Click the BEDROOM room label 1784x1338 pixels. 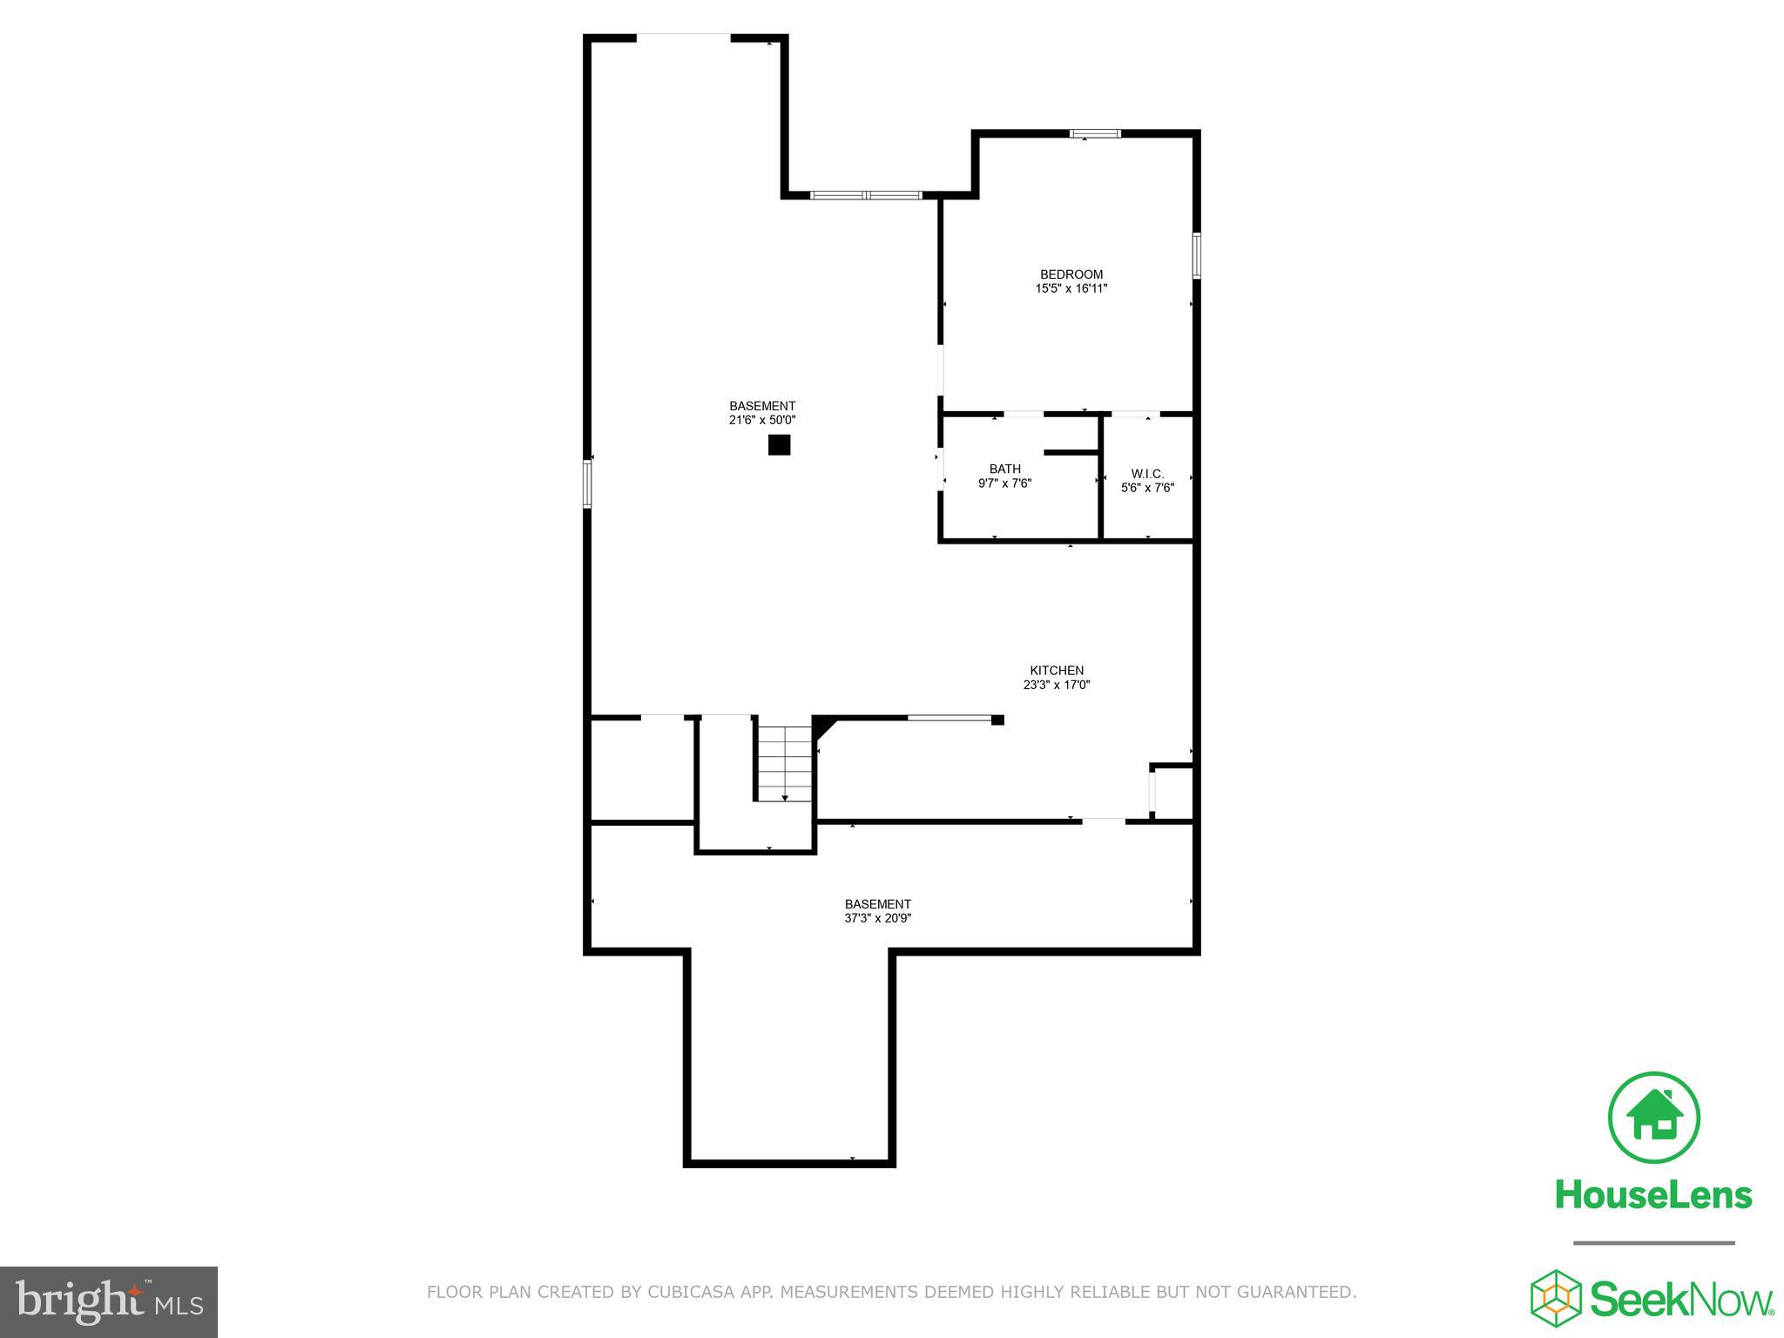point(1071,274)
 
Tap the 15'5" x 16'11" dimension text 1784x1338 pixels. point(1071,288)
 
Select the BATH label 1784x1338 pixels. point(1004,469)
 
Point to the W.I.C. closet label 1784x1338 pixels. point(1147,474)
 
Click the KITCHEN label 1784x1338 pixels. point(1057,670)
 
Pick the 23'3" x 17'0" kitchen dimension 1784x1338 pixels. point(1057,685)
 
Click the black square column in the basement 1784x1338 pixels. point(779,445)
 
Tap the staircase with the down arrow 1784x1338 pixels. point(784,764)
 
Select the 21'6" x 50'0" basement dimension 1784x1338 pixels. point(762,420)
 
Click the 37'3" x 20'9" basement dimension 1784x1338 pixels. point(877,918)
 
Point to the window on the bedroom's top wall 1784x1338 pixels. point(1095,133)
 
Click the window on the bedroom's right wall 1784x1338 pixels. point(1197,255)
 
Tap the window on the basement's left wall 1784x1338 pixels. point(587,483)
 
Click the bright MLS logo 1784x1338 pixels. point(109,1301)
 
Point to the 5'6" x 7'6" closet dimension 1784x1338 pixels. point(1147,488)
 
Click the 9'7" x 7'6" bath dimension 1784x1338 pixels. point(1004,483)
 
